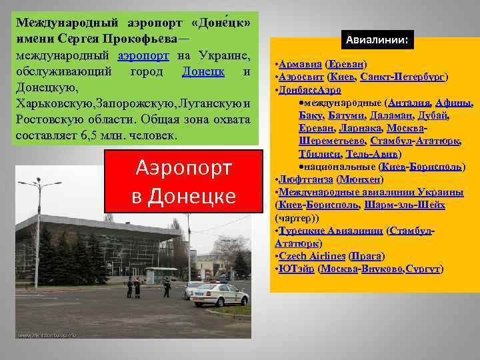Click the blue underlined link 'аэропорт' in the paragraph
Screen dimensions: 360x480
(144, 55)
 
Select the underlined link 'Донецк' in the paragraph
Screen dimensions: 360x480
(203, 71)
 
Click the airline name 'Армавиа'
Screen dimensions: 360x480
(299, 65)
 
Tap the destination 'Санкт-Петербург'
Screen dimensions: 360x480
(405, 77)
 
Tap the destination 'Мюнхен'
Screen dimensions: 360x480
(360, 179)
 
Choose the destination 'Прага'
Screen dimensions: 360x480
(367, 256)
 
